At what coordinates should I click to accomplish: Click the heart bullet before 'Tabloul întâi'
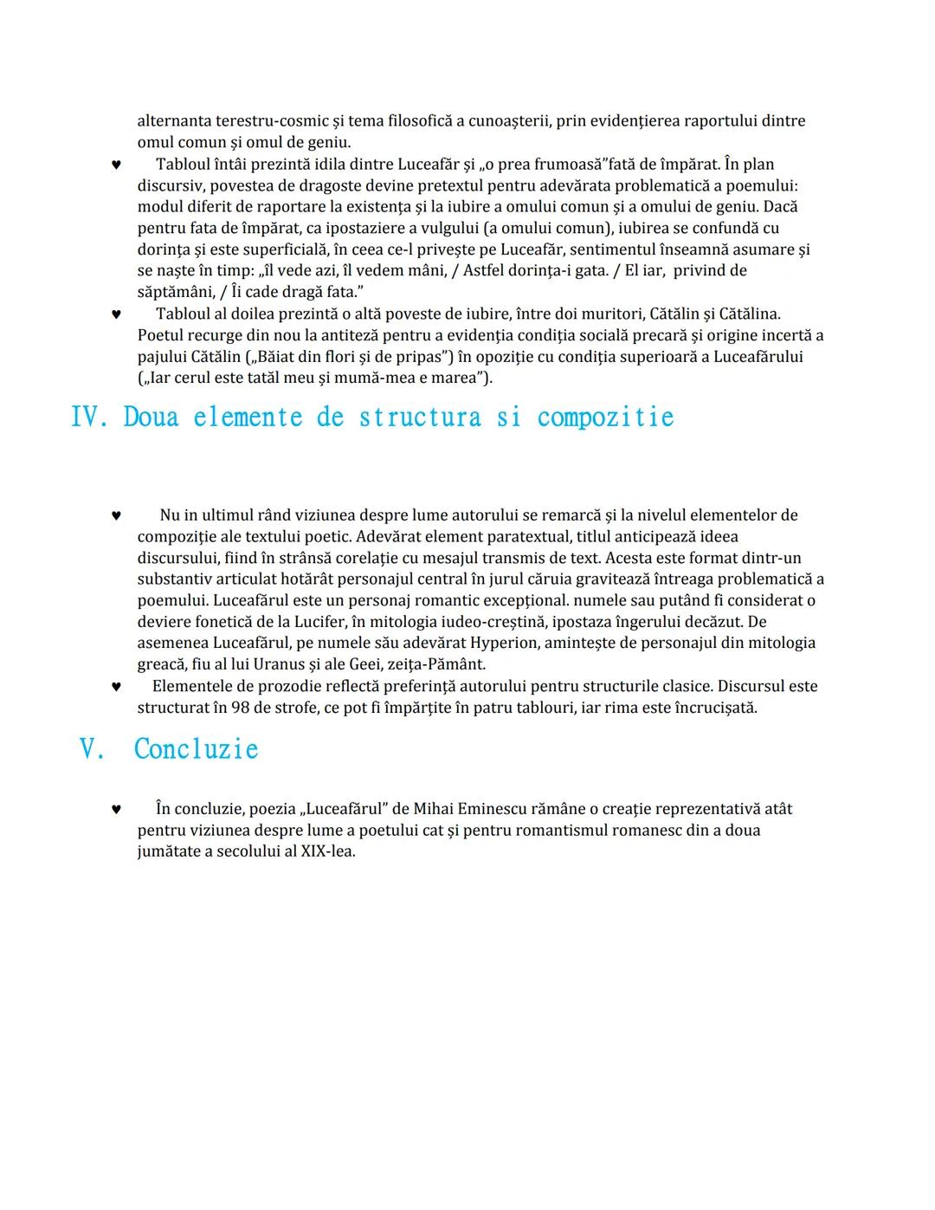[116, 165]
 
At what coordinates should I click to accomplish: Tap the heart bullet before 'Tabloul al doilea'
[116, 314]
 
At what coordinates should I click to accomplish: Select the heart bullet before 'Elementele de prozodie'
[116, 687]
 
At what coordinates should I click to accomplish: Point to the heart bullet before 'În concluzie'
[116, 810]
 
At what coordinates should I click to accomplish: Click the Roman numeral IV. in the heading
[88, 417]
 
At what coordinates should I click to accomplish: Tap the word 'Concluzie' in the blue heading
[197, 749]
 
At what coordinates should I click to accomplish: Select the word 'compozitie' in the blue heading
[605, 417]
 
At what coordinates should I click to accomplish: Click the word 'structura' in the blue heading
[419, 417]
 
